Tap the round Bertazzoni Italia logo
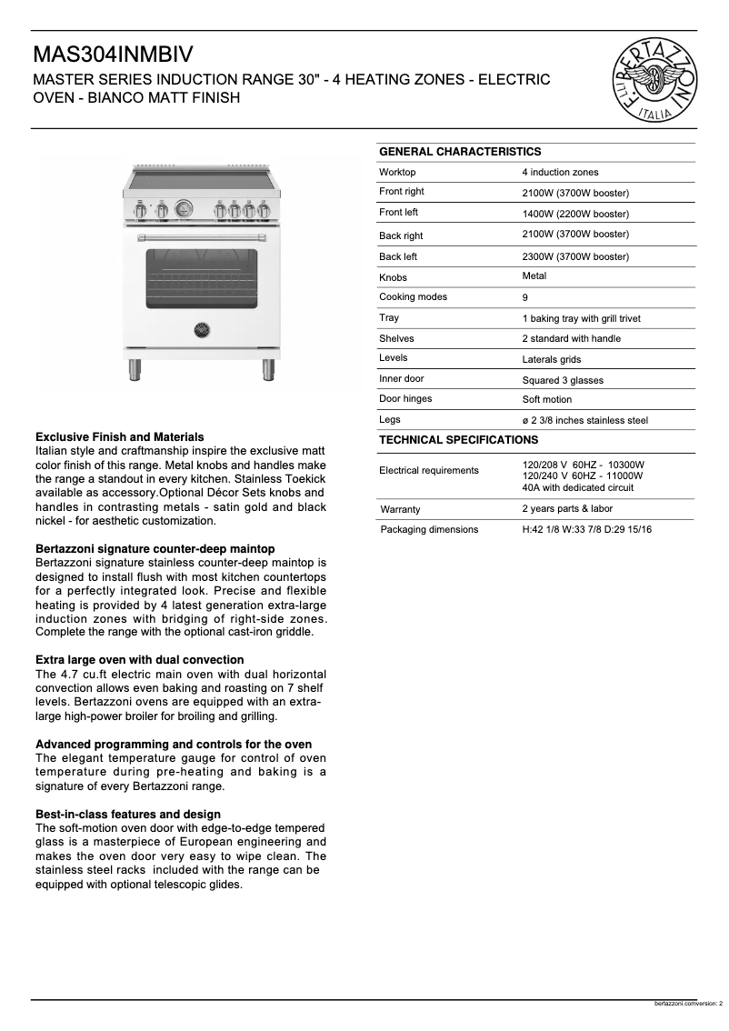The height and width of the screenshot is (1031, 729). [x=655, y=81]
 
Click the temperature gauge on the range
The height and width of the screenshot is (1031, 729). [x=185, y=209]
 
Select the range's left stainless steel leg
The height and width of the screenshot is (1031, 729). [x=135, y=370]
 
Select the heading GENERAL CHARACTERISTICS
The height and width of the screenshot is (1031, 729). [x=459, y=152]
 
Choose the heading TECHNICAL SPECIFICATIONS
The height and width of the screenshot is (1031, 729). [x=458, y=440]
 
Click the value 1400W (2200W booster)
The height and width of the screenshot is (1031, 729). [x=575, y=215]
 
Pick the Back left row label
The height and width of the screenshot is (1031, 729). [x=398, y=257]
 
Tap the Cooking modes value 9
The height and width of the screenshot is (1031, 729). [x=525, y=297]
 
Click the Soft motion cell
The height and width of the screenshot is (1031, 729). [x=547, y=400]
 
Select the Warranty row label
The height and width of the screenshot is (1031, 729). [x=401, y=509]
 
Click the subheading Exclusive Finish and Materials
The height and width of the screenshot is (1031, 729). [x=119, y=437]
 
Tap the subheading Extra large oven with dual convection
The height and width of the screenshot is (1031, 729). [x=139, y=660]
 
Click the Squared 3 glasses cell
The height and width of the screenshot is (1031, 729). [x=563, y=381]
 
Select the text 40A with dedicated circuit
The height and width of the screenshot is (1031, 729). [x=578, y=487]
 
